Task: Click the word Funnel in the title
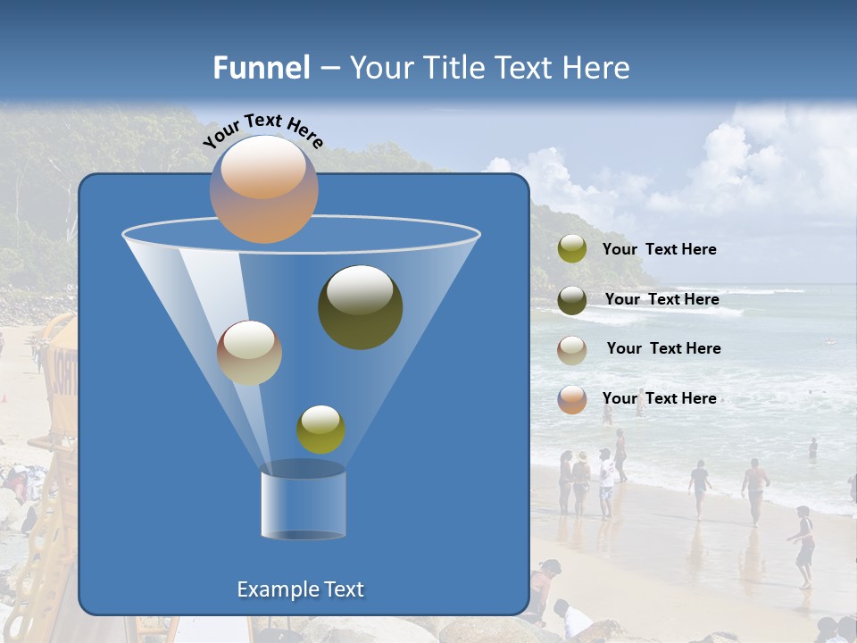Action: (x=261, y=68)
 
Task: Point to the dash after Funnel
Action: (x=329, y=69)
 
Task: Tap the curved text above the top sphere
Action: (x=262, y=129)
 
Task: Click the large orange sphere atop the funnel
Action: (x=263, y=189)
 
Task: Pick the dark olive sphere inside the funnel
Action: (x=360, y=306)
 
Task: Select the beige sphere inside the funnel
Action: (x=249, y=353)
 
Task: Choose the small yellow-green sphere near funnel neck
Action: (x=320, y=430)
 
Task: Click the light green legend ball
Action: (x=572, y=249)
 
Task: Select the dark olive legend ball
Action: (x=572, y=300)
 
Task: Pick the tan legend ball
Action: (x=572, y=350)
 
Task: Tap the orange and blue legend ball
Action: (x=572, y=399)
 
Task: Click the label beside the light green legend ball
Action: (x=659, y=249)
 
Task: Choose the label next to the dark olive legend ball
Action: (x=661, y=299)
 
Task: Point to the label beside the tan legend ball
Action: (x=663, y=348)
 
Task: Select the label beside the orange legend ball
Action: (x=659, y=398)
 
